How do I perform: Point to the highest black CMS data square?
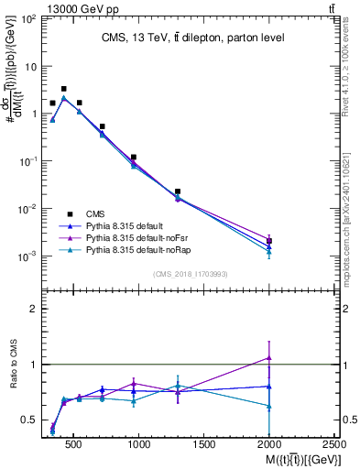[63, 89]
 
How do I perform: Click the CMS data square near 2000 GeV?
[269, 241]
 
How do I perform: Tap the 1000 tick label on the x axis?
[139, 444]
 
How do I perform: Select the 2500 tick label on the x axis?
[334, 444]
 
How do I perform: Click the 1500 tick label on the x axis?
[204, 444]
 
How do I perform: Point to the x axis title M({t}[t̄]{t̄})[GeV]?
[289, 458]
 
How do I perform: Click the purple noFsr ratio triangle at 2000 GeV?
[269, 357]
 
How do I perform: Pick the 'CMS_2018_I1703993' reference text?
[191, 273]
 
